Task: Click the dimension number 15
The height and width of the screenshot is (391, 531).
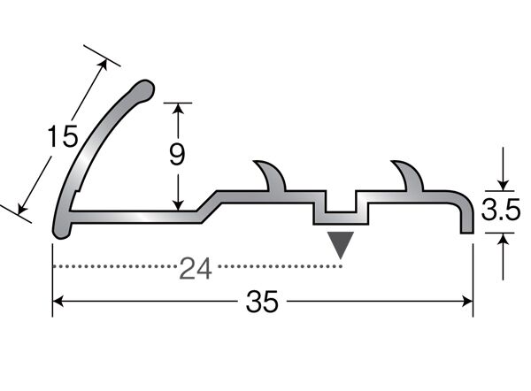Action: click(63, 136)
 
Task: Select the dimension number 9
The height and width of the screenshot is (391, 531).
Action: click(177, 154)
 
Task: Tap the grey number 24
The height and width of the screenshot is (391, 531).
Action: click(196, 268)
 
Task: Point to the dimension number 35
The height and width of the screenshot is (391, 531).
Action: click(262, 301)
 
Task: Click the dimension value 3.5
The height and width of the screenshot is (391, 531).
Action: click(501, 210)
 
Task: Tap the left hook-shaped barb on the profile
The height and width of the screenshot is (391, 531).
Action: click(272, 176)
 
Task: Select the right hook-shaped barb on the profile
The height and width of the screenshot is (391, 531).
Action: click(408, 176)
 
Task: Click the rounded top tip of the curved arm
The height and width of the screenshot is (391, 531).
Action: click(145, 89)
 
